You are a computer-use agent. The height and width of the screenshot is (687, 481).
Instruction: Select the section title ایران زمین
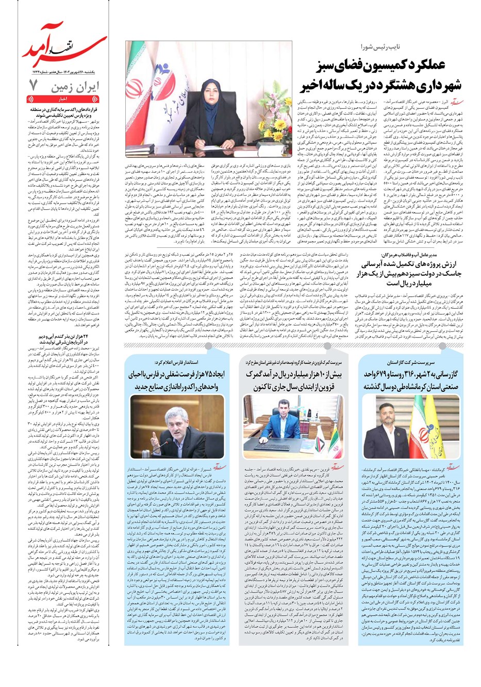click(75, 87)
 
